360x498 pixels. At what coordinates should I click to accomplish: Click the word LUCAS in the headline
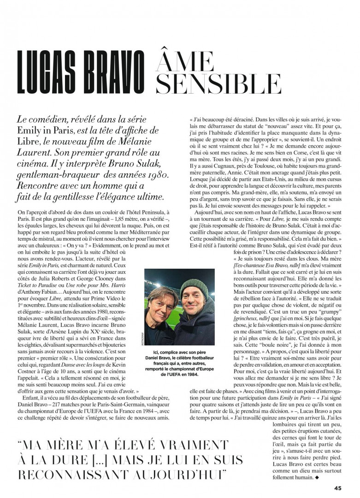pyautogui.click(x=51, y=71)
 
